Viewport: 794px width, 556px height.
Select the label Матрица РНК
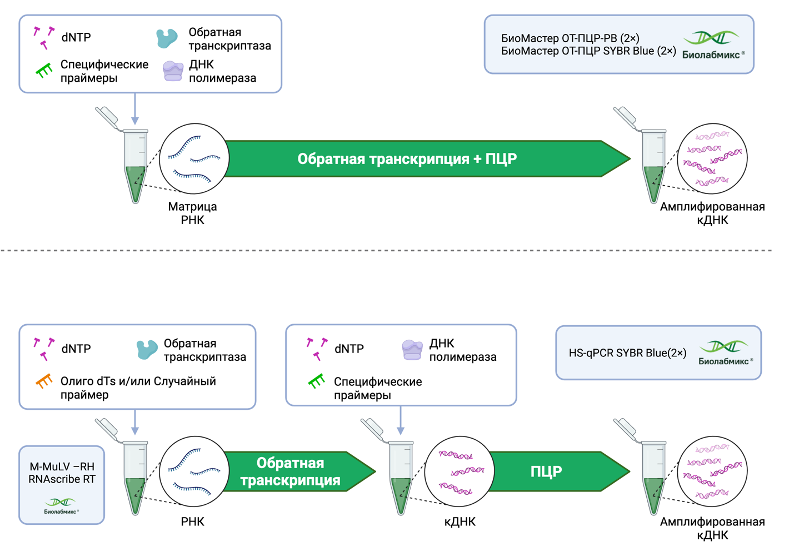pyautogui.click(x=192, y=214)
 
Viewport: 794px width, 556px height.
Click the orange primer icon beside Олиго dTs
pyautogui.click(x=44, y=381)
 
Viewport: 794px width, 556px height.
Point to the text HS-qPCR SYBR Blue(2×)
pyautogui.click(x=627, y=353)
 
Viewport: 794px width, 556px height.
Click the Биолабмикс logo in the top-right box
pyautogui.click(x=713, y=44)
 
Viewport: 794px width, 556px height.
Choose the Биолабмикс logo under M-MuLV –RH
pyautogui.click(x=61, y=506)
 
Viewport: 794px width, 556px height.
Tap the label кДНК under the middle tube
pyautogui.click(x=460, y=522)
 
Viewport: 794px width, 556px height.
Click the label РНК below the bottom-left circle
pyautogui.click(x=192, y=522)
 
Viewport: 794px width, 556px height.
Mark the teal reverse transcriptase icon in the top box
pyautogui.click(x=167, y=38)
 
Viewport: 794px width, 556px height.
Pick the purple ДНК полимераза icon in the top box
pyautogui.click(x=173, y=71)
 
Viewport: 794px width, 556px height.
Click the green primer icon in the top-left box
pyautogui.click(x=44, y=70)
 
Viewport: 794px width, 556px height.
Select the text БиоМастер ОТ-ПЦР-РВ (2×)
pyautogui.click(x=570, y=38)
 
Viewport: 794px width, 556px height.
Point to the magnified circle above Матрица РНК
pyautogui.click(x=194, y=159)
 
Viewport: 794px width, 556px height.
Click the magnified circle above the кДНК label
pyautogui.click(x=460, y=471)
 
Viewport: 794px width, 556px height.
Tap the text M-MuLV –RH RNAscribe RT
pyautogui.click(x=62, y=473)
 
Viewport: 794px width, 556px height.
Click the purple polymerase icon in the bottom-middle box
pyautogui.click(x=412, y=350)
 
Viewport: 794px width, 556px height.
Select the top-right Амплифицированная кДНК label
pyautogui.click(x=712, y=214)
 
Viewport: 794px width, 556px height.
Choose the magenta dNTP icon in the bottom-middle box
pyautogui.click(x=317, y=348)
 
